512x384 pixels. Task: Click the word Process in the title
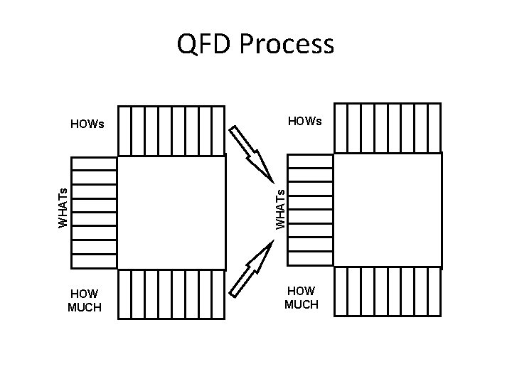click(x=287, y=44)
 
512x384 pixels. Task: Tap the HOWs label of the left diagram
click(x=87, y=124)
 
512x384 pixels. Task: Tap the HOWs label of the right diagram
click(x=304, y=122)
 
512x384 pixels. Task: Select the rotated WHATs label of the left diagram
click(x=63, y=207)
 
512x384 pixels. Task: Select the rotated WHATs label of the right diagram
click(x=280, y=207)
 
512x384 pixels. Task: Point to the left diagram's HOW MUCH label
click(x=85, y=301)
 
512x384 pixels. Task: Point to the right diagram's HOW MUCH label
click(x=302, y=298)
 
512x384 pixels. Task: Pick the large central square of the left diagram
click(x=171, y=213)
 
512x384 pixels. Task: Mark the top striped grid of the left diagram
click(x=171, y=130)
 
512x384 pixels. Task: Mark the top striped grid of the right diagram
click(x=388, y=127)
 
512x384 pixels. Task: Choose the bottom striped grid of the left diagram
click(x=171, y=294)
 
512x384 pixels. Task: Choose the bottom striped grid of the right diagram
click(x=388, y=292)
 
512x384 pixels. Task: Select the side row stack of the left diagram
click(x=95, y=213)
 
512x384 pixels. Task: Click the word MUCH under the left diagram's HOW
click(x=85, y=308)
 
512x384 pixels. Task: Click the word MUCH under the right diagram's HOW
click(x=302, y=305)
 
